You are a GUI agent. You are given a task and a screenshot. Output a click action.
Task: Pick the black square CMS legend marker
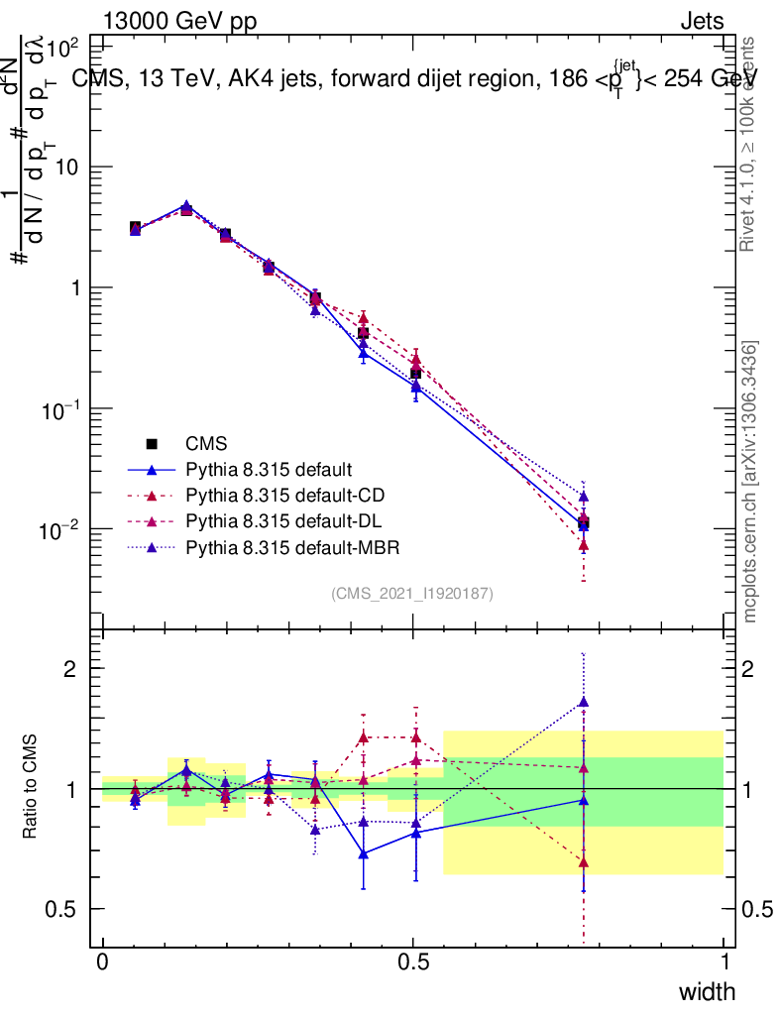(152, 443)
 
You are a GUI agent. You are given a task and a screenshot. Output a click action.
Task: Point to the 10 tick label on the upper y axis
(67, 168)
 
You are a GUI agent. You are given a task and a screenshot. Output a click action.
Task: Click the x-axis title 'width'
(706, 992)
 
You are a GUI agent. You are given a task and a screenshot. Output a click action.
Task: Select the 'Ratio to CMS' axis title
(33, 788)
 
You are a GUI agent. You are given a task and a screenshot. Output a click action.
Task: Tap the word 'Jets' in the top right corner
(702, 21)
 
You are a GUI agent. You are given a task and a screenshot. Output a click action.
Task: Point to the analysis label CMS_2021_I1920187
(412, 594)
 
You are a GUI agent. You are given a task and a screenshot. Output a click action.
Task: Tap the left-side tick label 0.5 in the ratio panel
(61, 909)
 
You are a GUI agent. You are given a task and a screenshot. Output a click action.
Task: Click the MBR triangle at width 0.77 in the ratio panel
(584, 703)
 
